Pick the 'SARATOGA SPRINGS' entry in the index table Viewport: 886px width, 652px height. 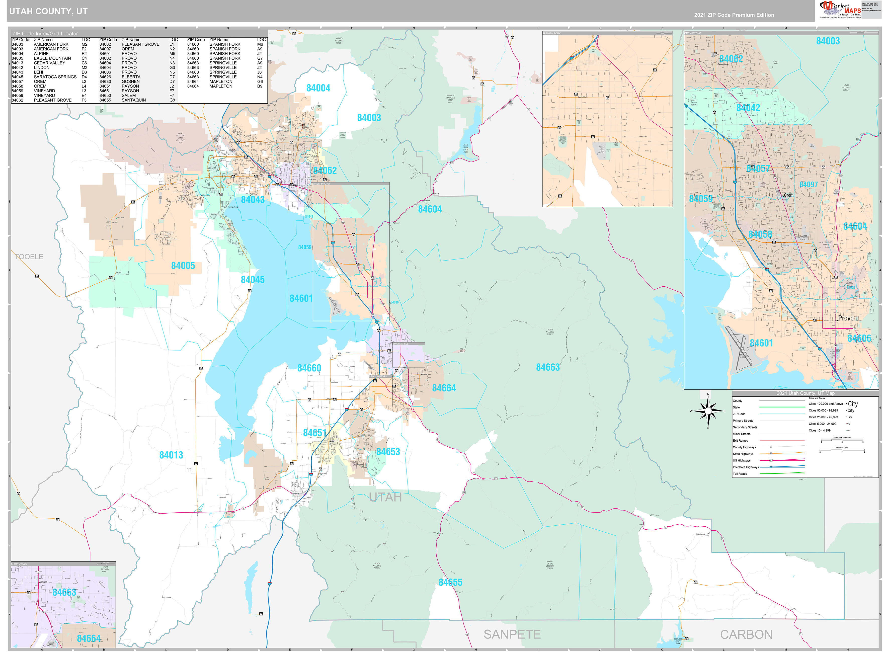(x=55, y=76)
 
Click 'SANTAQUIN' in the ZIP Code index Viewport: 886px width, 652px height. (x=133, y=100)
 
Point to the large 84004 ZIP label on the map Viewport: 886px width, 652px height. (x=318, y=88)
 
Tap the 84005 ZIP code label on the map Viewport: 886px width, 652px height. (x=183, y=266)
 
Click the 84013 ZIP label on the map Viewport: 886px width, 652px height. (x=171, y=455)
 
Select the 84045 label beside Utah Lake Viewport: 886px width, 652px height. (x=253, y=280)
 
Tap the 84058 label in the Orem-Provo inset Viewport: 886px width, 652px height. (x=760, y=234)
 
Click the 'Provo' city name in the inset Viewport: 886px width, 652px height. (x=845, y=318)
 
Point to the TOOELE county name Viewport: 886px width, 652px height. (x=29, y=257)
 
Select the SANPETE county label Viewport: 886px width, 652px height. (x=512, y=634)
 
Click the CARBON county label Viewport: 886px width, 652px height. (x=746, y=634)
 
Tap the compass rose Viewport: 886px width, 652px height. (x=708, y=411)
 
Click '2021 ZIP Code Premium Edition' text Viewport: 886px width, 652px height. (x=734, y=15)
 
